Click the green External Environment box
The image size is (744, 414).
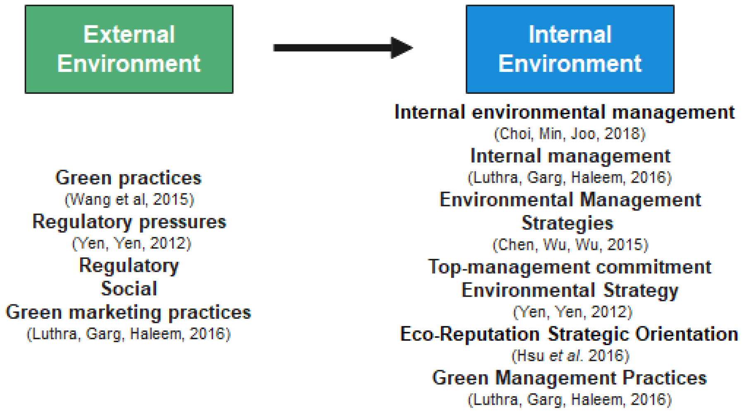(129, 49)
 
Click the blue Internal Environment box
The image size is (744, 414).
(569, 49)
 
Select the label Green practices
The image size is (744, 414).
(128, 178)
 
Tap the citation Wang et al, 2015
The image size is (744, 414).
(129, 200)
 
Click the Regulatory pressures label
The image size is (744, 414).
(129, 222)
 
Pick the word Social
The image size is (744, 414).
(129, 288)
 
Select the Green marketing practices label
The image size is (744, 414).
(128, 312)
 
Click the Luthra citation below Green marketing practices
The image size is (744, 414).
(129, 334)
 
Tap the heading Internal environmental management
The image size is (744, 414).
(565, 112)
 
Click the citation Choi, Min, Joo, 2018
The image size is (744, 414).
(569, 134)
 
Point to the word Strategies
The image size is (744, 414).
(567, 223)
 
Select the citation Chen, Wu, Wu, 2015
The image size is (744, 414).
(570, 245)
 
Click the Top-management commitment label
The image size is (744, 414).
(569, 267)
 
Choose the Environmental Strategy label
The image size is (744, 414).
(569, 290)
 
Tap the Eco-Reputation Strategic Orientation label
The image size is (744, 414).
(569, 334)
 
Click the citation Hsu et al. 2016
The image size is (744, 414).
(570, 356)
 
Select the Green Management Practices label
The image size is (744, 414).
(569, 378)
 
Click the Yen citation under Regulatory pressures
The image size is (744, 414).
(132, 243)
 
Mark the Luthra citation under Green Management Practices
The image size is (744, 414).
(569, 400)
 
